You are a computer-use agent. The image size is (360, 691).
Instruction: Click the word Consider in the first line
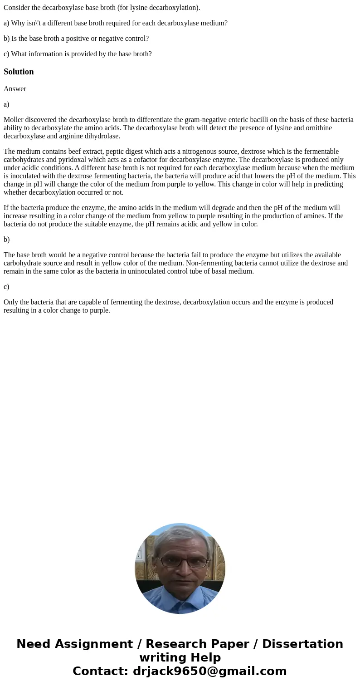coord(17,8)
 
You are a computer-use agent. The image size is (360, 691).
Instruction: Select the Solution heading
coord(19,72)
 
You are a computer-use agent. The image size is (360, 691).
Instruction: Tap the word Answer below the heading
coord(15,89)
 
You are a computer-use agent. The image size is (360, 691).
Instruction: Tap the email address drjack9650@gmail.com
coord(209,671)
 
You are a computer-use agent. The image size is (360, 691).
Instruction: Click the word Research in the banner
coord(170,644)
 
